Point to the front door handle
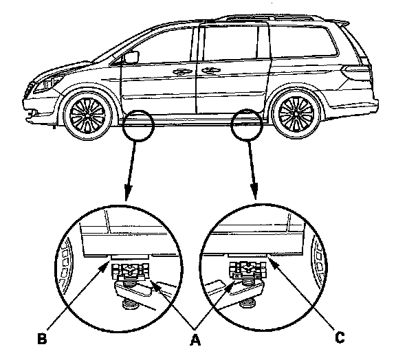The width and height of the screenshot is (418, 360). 182,71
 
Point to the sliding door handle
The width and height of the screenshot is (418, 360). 205,71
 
